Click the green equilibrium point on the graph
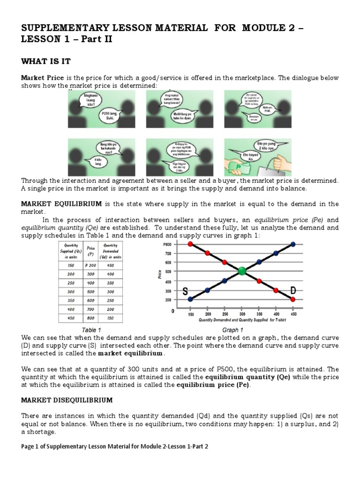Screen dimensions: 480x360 [x=241, y=271]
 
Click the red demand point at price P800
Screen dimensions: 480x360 [x=190, y=244]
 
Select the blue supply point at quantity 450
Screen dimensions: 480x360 [x=293, y=244]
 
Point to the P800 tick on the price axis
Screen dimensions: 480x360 [x=166, y=245]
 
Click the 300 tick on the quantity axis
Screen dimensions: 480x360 [x=241, y=314]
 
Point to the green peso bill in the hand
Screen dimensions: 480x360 [x=240, y=166]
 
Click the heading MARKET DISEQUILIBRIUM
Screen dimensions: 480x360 [x=67, y=400]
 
